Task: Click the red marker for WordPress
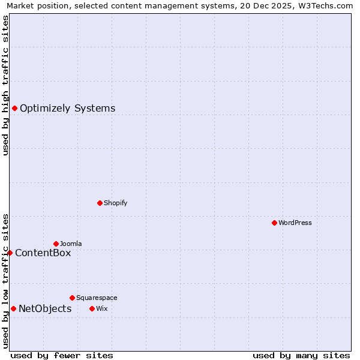tap(274, 223)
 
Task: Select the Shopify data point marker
tap(100, 203)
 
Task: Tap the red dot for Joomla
tap(56, 244)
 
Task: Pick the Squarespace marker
tap(72, 298)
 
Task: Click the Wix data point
tap(92, 308)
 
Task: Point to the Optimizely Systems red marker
tap(14, 108)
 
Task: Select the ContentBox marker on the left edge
tap(10, 253)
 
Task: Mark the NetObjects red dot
tap(13, 308)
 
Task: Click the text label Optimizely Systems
tap(67, 109)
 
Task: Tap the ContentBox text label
tap(43, 253)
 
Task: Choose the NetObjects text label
tap(45, 309)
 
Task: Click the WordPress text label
tap(295, 223)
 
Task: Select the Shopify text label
tap(115, 203)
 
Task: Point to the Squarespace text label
tap(97, 298)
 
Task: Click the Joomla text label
tap(71, 244)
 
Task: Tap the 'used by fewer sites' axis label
tap(62, 355)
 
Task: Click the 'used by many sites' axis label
tap(301, 355)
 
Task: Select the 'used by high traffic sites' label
tap(5, 85)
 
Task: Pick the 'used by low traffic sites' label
tap(5, 281)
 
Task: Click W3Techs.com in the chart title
tap(328, 6)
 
